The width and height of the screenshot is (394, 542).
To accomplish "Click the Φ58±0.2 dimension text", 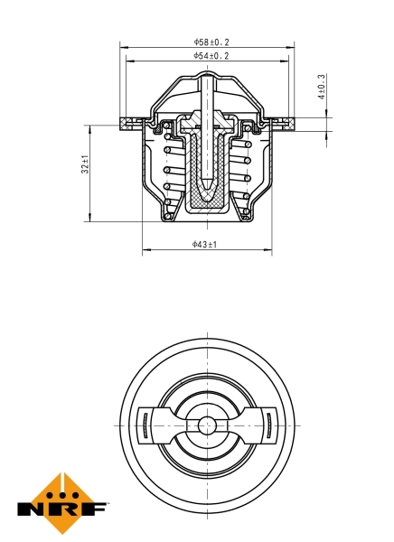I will [211, 42].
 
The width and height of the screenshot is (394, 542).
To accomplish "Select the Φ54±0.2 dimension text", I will [211, 56].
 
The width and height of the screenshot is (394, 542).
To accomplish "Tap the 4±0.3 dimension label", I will [322, 87].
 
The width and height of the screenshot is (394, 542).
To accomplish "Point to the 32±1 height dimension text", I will [85, 164].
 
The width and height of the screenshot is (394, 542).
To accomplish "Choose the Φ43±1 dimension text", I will [205, 244].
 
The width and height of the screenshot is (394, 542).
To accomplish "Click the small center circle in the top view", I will [207, 424].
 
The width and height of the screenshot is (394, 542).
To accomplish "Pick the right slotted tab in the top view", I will [268, 424].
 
